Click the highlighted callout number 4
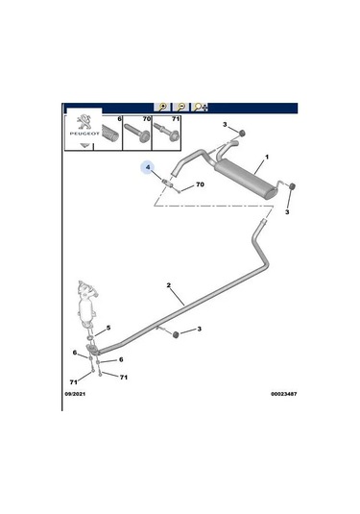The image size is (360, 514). [148, 167]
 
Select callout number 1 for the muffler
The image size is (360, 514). [267, 158]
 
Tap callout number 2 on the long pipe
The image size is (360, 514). [169, 285]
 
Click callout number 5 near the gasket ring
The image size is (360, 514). [108, 328]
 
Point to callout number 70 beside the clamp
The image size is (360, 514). [200, 184]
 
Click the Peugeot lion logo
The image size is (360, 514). [84, 122]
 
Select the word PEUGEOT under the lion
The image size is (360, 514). [84, 134]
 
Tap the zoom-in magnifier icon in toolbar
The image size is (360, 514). [162, 107]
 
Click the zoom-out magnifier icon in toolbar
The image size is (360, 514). [181, 107]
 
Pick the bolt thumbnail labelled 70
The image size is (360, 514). [137, 133]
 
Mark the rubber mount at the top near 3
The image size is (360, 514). [242, 134]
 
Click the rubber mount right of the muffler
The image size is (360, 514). [293, 186]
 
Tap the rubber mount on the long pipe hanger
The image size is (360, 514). [176, 334]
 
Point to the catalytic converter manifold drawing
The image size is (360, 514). [87, 304]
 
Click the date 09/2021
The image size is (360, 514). [75, 394]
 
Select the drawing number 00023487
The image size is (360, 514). [283, 394]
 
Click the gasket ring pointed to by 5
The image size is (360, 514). [89, 337]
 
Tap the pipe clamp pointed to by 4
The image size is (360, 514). [167, 183]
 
